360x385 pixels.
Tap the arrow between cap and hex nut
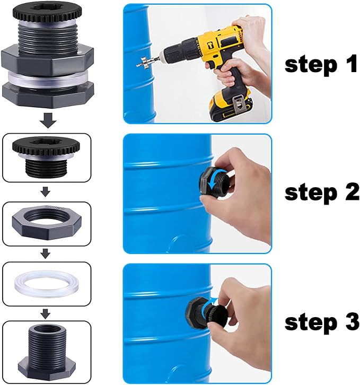tap(47, 190)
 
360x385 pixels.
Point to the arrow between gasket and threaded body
tap(47, 314)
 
